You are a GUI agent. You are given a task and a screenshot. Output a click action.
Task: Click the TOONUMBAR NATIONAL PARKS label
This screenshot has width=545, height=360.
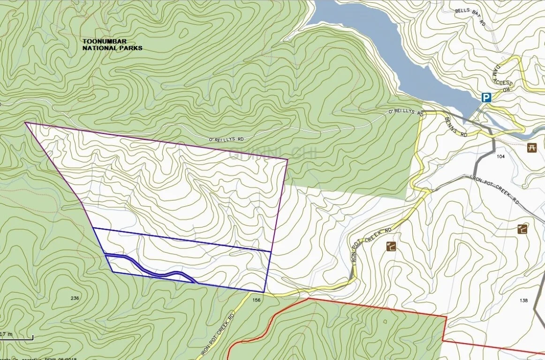[x=112, y=45]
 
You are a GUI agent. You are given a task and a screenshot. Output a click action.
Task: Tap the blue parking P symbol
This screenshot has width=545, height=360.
[x=486, y=97]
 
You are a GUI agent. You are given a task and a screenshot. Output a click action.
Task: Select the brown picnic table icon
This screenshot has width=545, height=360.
[x=532, y=148]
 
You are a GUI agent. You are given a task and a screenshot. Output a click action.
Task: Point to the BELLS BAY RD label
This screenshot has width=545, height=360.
[x=470, y=19]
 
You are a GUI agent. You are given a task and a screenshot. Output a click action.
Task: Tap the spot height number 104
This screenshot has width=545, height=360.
[x=500, y=156]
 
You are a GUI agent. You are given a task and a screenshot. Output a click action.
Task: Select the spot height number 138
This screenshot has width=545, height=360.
[x=524, y=300]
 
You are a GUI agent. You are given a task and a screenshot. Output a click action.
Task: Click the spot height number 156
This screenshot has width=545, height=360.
[x=256, y=300]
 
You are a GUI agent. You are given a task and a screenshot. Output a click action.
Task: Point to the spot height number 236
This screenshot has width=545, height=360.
[x=75, y=298]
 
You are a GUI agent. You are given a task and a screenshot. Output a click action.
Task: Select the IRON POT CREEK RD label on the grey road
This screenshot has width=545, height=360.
[x=494, y=189]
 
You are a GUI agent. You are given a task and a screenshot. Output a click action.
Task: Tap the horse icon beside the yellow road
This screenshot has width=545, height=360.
[x=390, y=246]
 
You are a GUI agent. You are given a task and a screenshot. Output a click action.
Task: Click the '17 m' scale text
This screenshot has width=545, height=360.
[x=7, y=334]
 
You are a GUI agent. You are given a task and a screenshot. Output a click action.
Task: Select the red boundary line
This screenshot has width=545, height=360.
[x=375, y=307]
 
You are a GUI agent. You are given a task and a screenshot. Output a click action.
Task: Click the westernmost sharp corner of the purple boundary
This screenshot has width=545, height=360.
[x=25, y=123]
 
